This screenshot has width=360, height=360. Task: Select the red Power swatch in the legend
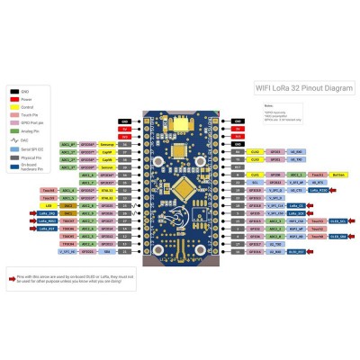click(14, 100)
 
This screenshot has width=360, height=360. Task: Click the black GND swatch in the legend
click(14, 92)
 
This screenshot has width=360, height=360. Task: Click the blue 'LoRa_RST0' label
click(318, 190)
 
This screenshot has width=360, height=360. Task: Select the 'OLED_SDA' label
click(337, 236)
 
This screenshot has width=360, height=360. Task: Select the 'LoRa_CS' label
click(318, 205)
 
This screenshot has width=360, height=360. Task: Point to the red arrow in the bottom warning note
click(15, 278)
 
